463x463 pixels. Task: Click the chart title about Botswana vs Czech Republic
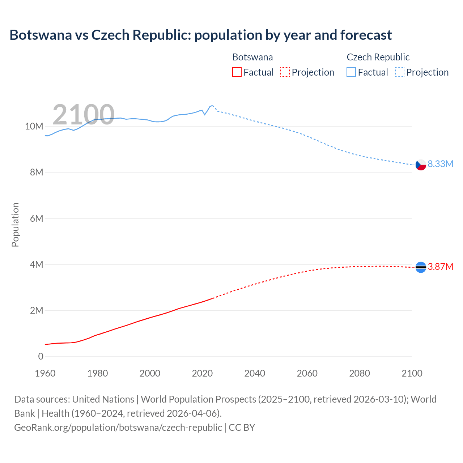click(x=200, y=35)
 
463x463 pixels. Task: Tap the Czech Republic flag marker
click(x=421, y=165)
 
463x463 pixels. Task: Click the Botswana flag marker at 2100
click(x=421, y=267)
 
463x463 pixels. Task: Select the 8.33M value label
click(x=440, y=164)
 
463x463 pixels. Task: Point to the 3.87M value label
click(x=440, y=267)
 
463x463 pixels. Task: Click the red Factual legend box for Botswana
click(x=237, y=72)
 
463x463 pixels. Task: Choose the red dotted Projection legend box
click(x=285, y=72)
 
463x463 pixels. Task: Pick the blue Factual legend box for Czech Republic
click(x=351, y=72)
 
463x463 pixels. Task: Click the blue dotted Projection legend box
click(x=399, y=72)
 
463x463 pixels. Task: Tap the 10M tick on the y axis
click(x=34, y=126)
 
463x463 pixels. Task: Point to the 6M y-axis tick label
click(x=36, y=218)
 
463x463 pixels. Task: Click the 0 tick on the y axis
click(x=41, y=356)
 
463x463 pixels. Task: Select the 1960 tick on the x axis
click(x=45, y=373)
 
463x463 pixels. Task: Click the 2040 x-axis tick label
click(x=255, y=373)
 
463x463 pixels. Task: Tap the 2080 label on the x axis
click(x=360, y=373)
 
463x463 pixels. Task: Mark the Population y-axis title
click(x=15, y=225)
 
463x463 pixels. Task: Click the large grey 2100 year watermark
click(x=84, y=115)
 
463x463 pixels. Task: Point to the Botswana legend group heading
click(x=252, y=57)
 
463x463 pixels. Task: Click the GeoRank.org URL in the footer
click(x=118, y=427)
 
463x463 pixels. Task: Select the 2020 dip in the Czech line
click(x=205, y=114)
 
